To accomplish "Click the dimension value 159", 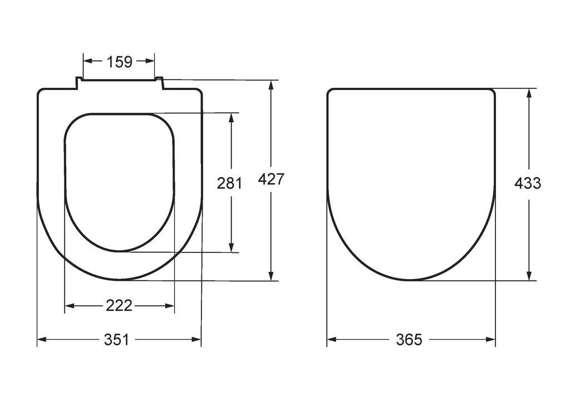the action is (120, 62).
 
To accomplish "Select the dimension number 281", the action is (229, 183).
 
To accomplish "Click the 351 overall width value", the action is (117, 340).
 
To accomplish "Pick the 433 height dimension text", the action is (528, 183).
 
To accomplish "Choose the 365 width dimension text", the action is (409, 340).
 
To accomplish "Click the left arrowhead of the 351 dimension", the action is (41, 340).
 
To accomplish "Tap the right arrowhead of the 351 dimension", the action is (196, 340).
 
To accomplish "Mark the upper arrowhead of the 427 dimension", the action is (271, 85).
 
